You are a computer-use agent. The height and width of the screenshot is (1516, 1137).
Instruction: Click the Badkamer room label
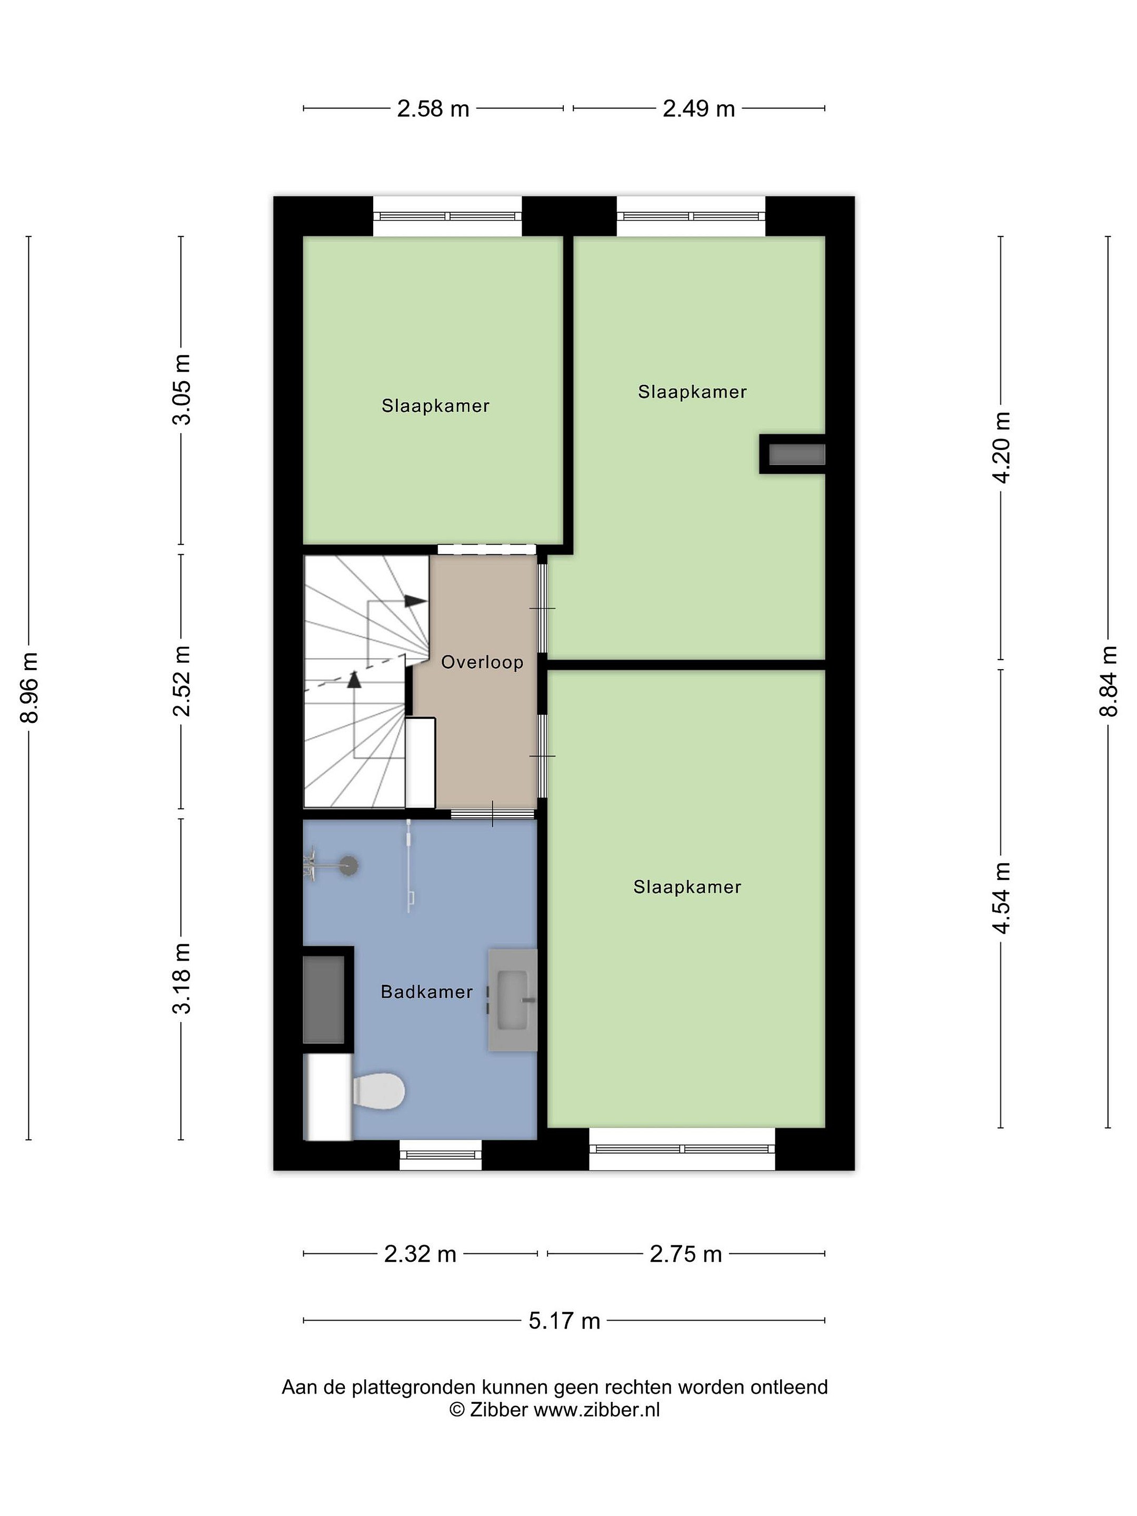pyautogui.click(x=426, y=992)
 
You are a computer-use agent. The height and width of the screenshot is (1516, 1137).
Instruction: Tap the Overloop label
pyautogui.click(x=482, y=662)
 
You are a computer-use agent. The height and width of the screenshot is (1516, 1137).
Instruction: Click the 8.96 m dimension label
pyautogui.click(x=29, y=687)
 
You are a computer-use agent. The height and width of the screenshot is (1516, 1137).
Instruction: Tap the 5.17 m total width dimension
pyautogui.click(x=564, y=1321)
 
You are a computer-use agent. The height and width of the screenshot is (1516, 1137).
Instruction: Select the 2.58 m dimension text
pyautogui.click(x=433, y=109)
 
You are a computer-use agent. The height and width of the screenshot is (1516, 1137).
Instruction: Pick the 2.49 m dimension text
pyautogui.click(x=699, y=109)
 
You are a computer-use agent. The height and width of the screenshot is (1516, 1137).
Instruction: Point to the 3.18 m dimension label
pyautogui.click(x=182, y=978)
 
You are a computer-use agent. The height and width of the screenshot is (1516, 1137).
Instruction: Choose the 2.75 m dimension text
pyautogui.click(x=685, y=1254)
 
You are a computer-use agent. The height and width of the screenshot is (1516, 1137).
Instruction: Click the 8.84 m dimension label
pyautogui.click(x=1108, y=682)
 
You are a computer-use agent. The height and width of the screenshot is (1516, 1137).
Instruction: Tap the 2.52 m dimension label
pyautogui.click(x=182, y=681)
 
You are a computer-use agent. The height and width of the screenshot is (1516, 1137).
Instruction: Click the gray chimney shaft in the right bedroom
pyautogui.click(x=796, y=454)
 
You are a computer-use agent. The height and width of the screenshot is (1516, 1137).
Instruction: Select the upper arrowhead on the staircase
pyautogui.click(x=415, y=601)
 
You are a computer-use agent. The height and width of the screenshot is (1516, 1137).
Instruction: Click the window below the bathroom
pyautogui.click(x=441, y=1155)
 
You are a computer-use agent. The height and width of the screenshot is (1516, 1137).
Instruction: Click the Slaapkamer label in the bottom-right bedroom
pyautogui.click(x=687, y=887)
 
